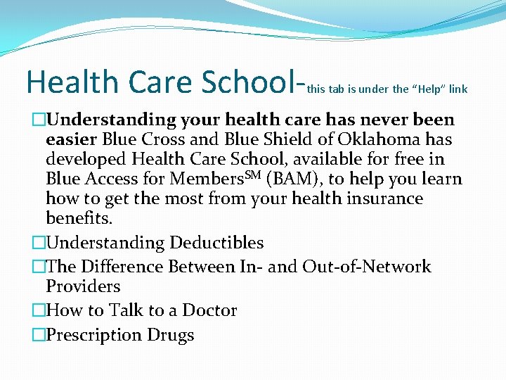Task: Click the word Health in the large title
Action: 72,82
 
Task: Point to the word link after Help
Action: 459,89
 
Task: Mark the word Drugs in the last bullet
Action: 171,335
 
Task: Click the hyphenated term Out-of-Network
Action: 367,267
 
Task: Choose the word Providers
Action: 83,286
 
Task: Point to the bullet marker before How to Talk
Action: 39,310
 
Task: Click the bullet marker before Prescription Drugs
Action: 39,335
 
